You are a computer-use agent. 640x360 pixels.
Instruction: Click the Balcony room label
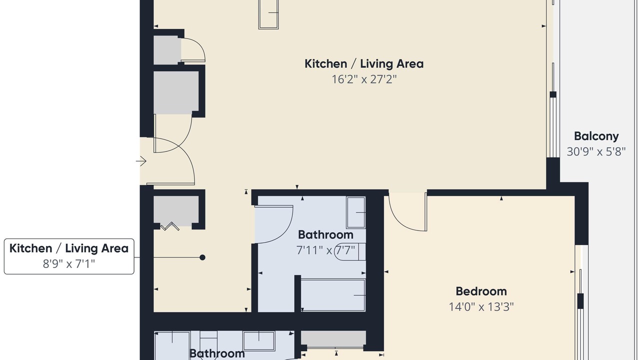tap(596, 136)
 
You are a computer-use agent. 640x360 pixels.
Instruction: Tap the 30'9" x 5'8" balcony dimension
tap(596, 151)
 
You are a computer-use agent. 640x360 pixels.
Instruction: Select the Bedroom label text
tap(481, 291)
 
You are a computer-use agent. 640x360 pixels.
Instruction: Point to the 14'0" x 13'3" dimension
tap(481, 307)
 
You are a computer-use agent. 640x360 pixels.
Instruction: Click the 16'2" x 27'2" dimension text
tap(364, 79)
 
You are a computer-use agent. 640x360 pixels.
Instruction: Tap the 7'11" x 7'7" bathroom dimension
tap(325, 250)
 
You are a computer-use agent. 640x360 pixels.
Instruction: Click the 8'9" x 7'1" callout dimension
tap(69, 263)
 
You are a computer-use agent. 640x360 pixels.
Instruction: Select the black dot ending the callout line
tap(202, 257)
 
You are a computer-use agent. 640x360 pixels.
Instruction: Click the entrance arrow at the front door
tap(141, 161)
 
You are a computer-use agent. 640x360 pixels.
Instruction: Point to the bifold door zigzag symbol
tap(169, 226)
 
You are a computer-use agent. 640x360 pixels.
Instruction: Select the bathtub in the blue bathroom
tap(333, 295)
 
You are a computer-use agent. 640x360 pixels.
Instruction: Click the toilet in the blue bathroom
tap(350, 251)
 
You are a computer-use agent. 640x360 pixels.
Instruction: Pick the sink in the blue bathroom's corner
tap(355, 212)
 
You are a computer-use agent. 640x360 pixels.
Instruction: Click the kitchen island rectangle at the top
tap(268, 14)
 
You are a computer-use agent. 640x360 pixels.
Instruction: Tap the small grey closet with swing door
tap(167, 50)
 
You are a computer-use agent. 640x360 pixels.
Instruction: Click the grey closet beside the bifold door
tap(176, 211)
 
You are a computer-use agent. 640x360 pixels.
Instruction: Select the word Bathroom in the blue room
tap(325, 235)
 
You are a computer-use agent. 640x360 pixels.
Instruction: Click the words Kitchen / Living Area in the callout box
tap(69, 248)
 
